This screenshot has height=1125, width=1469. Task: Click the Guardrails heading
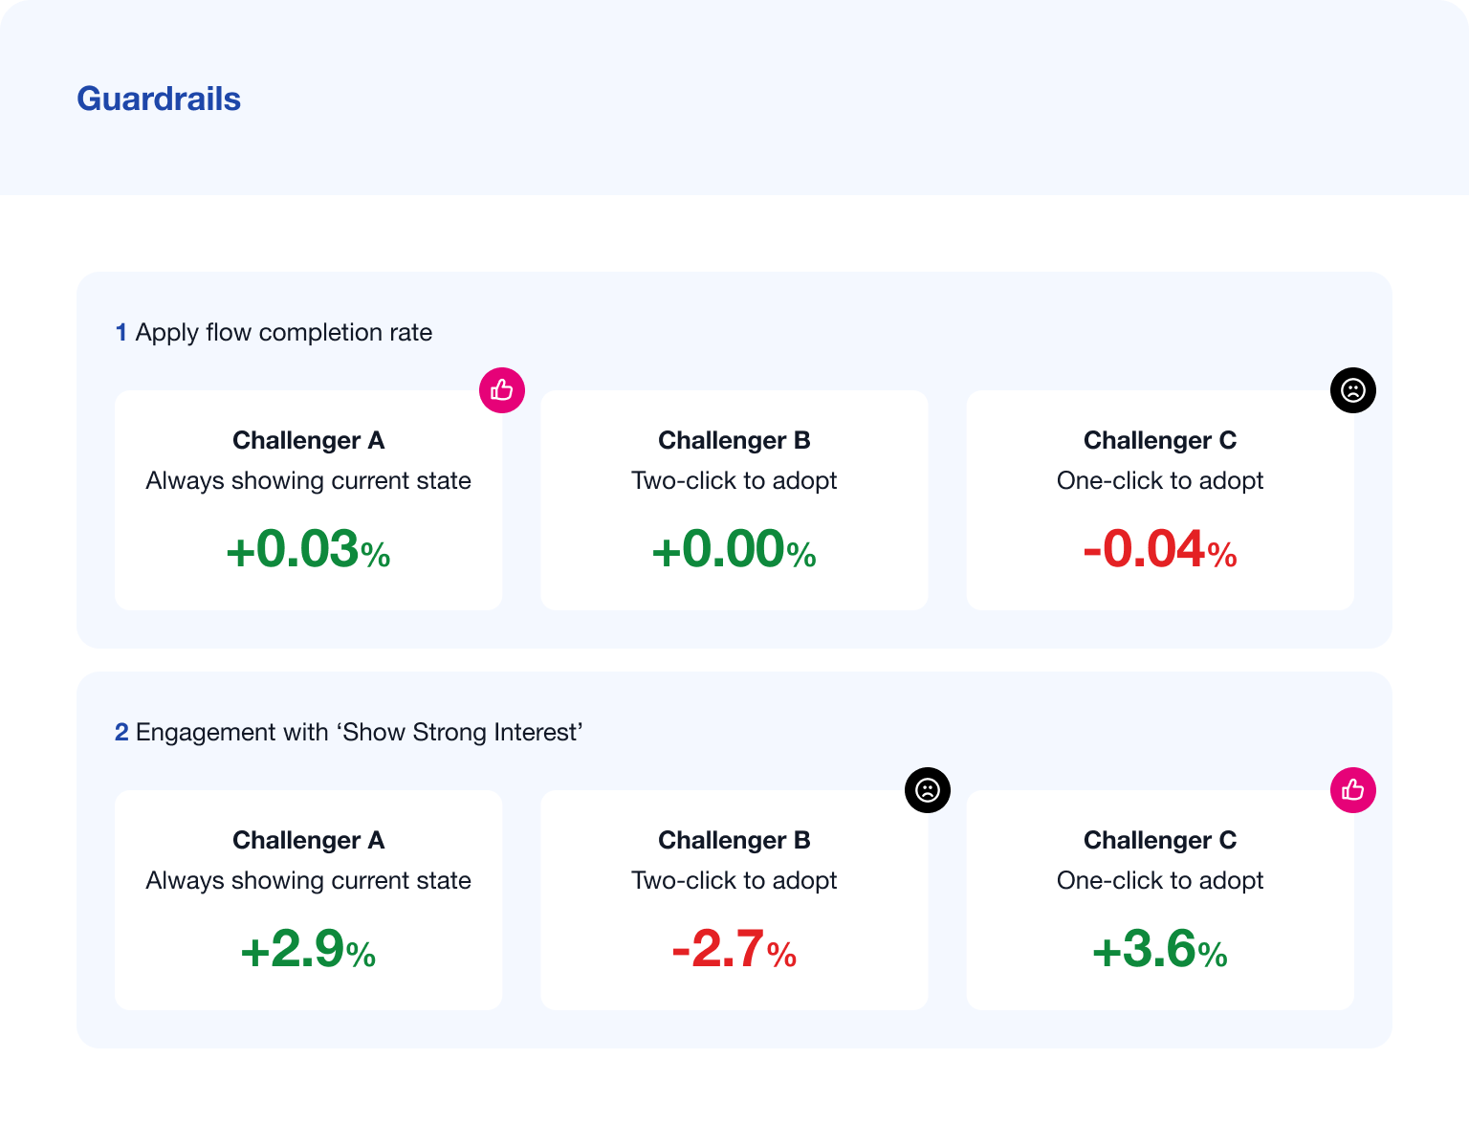[158, 99]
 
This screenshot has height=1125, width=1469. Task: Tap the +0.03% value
[308, 548]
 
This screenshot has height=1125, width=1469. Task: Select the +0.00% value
[734, 548]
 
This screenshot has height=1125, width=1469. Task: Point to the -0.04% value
[1160, 548]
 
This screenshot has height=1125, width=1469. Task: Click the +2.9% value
[308, 949]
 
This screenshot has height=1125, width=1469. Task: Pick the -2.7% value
[734, 949]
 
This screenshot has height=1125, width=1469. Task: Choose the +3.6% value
[1160, 949]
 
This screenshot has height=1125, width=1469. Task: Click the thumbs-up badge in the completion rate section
[502, 390]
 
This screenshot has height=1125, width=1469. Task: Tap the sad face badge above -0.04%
[1353, 390]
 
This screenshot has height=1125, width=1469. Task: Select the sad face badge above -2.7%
[928, 789]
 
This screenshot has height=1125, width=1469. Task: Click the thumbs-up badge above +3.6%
[1353, 789]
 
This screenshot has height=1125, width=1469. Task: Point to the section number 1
[121, 333]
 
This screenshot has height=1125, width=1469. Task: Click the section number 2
[121, 732]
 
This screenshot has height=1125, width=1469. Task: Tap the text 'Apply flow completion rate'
[284, 333]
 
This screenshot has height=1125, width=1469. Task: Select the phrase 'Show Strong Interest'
[460, 732]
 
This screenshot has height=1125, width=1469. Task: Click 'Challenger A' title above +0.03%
[308, 440]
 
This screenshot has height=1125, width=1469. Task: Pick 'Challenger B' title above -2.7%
[734, 840]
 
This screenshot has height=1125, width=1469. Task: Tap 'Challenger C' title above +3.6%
[1160, 840]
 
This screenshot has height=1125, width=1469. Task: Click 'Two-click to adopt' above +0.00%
[734, 480]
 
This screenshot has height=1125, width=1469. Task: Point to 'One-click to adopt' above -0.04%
[1160, 480]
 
